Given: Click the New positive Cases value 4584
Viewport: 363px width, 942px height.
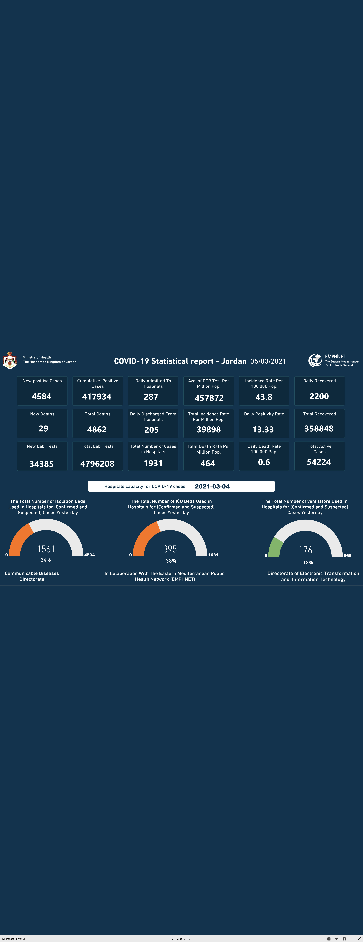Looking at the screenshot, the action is pos(42,396).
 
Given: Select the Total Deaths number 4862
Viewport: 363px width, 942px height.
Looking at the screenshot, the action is pos(97,430).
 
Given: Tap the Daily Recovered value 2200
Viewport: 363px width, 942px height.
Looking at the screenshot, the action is pos(319,396).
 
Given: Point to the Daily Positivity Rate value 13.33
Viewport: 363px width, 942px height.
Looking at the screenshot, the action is pos(263,430).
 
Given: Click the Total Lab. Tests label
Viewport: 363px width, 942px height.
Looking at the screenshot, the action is pos(98,446).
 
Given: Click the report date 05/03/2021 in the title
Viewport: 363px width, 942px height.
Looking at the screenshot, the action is pos(268,361).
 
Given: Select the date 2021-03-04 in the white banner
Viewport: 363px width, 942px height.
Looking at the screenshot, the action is pos(212,486).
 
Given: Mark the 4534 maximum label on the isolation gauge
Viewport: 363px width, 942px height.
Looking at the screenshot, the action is pos(90,555).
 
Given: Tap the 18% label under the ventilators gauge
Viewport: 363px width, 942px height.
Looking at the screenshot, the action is pos(308,562).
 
